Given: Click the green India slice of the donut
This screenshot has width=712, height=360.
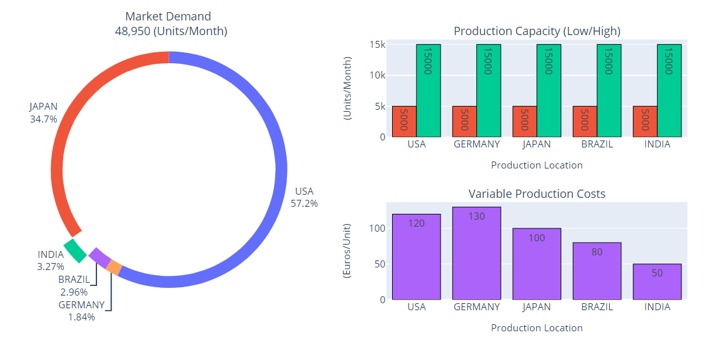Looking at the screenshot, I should (75, 251).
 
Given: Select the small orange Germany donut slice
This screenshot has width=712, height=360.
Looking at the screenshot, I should (114, 268).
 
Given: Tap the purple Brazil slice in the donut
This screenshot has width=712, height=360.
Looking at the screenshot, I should (100, 258).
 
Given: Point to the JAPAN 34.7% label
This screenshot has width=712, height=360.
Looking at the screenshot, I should (43, 112).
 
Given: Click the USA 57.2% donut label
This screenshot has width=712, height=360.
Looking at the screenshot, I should (304, 197).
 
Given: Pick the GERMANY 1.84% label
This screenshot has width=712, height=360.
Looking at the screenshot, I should (81, 311).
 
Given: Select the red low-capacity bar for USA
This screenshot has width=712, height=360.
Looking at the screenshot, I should (404, 121).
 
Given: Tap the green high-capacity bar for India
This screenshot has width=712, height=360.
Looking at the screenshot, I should (669, 91).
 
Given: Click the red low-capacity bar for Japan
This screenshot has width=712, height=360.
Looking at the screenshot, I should (524, 121).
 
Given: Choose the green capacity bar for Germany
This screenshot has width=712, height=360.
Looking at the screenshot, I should (489, 91).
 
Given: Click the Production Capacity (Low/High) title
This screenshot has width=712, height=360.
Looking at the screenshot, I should (536, 31).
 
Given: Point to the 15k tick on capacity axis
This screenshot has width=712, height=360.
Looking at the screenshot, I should (377, 45).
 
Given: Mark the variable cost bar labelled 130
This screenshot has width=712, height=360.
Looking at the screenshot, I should (476, 253).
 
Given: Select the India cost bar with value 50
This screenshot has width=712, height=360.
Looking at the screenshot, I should (657, 281).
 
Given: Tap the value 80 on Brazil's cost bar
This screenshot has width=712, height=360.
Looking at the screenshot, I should (597, 252).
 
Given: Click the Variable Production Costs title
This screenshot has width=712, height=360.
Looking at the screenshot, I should (536, 193).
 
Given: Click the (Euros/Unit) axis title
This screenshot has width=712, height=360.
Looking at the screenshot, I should (347, 251).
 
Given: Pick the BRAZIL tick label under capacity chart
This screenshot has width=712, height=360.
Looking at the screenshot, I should (597, 144).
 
